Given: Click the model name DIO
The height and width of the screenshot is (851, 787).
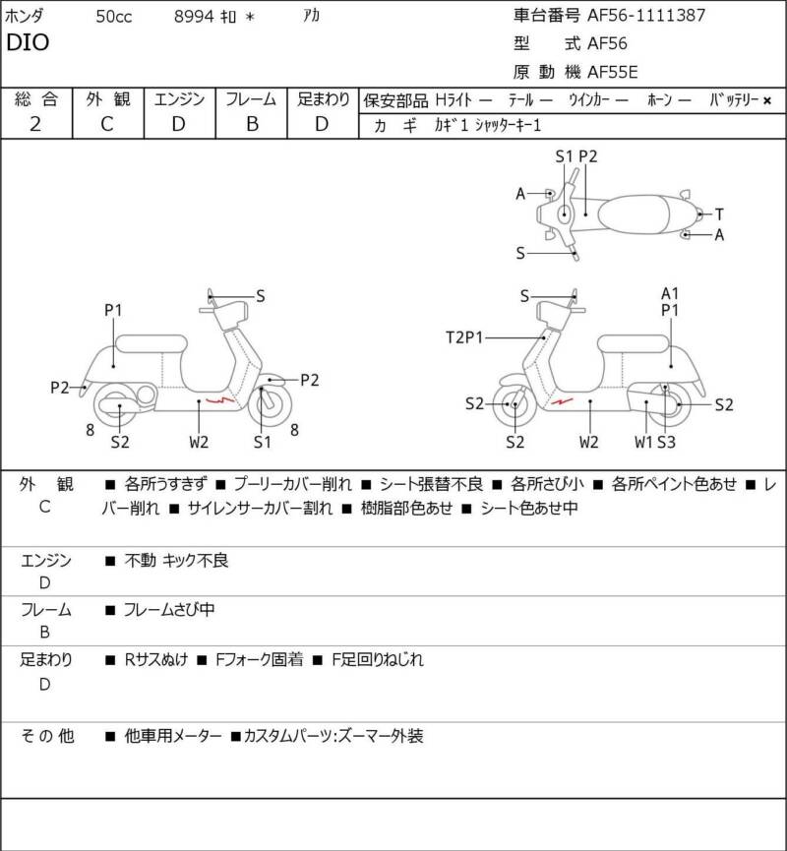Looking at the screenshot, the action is click(x=28, y=42).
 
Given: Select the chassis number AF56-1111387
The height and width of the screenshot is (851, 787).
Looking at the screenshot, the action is click(x=646, y=15).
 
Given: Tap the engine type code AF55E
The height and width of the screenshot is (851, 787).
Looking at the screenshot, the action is click(x=613, y=72).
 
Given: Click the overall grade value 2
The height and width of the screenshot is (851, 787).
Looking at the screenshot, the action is click(x=35, y=124).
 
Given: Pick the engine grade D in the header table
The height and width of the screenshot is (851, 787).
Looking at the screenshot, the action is click(x=179, y=124).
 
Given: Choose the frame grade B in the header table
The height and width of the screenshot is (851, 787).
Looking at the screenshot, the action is click(x=253, y=124).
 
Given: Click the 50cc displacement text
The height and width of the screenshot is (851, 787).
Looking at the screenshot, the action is click(x=114, y=17).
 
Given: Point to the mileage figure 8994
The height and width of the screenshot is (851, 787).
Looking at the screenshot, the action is click(x=194, y=17).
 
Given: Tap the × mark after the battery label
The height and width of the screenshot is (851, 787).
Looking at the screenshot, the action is click(x=767, y=100).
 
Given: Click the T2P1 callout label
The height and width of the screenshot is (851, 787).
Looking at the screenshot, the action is click(x=464, y=337).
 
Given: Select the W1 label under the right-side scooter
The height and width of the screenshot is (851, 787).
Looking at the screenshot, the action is click(x=643, y=443).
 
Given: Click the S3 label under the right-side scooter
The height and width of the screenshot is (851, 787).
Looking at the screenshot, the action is click(x=667, y=443).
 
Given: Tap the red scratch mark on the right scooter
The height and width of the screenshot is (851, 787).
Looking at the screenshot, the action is click(x=562, y=401).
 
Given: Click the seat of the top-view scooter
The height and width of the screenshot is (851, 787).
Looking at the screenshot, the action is click(x=633, y=214).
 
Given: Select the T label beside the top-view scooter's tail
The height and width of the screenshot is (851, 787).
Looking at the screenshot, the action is click(x=719, y=214).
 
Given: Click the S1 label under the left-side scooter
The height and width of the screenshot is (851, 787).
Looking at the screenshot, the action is click(x=262, y=443).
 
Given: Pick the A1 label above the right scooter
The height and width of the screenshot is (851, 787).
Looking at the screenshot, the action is click(x=670, y=293).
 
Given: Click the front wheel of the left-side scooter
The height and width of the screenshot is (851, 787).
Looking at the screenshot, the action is click(x=270, y=404).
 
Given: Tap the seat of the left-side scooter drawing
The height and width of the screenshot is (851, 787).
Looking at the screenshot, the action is click(x=151, y=344).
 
